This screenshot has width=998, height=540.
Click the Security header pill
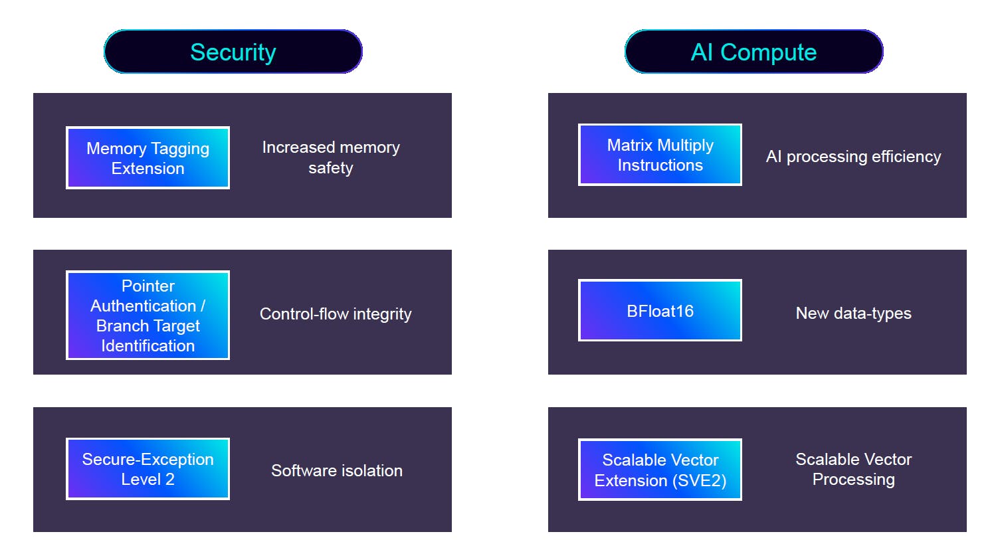pyautogui.click(x=233, y=52)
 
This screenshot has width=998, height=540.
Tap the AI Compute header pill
pyautogui.click(x=753, y=52)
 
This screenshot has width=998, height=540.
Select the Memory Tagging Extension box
pyautogui.click(x=148, y=158)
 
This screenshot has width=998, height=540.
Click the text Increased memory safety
pyautogui.click(x=331, y=157)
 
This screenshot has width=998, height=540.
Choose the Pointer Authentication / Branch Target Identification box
pyautogui.click(x=148, y=315)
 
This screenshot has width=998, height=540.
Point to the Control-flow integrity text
pyautogui.click(x=336, y=314)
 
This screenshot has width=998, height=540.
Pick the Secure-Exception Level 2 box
pyautogui.click(x=148, y=469)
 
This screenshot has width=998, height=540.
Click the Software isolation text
pyautogui.click(x=337, y=470)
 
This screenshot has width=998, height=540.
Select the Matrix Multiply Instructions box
pyautogui.click(x=660, y=155)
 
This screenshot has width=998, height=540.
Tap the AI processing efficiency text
pyautogui.click(x=853, y=157)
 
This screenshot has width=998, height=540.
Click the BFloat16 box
pyautogui.click(x=660, y=311)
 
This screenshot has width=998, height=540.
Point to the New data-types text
pyautogui.click(x=853, y=313)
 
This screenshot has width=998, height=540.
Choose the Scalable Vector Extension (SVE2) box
pyautogui.click(x=660, y=470)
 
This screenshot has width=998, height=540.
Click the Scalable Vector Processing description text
pyautogui.click(x=853, y=469)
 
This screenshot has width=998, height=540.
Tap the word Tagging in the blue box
pyautogui.click(x=180, y=149)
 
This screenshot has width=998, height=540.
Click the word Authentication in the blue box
pyautogui.click(x=144, y=306)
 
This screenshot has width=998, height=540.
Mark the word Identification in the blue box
pyautogui.click(x=148, y=345)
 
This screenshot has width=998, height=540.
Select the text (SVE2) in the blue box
pyautogui.click(x=701, y=480)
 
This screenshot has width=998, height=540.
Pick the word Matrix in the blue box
pyautogui.click(x=630, y=145)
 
